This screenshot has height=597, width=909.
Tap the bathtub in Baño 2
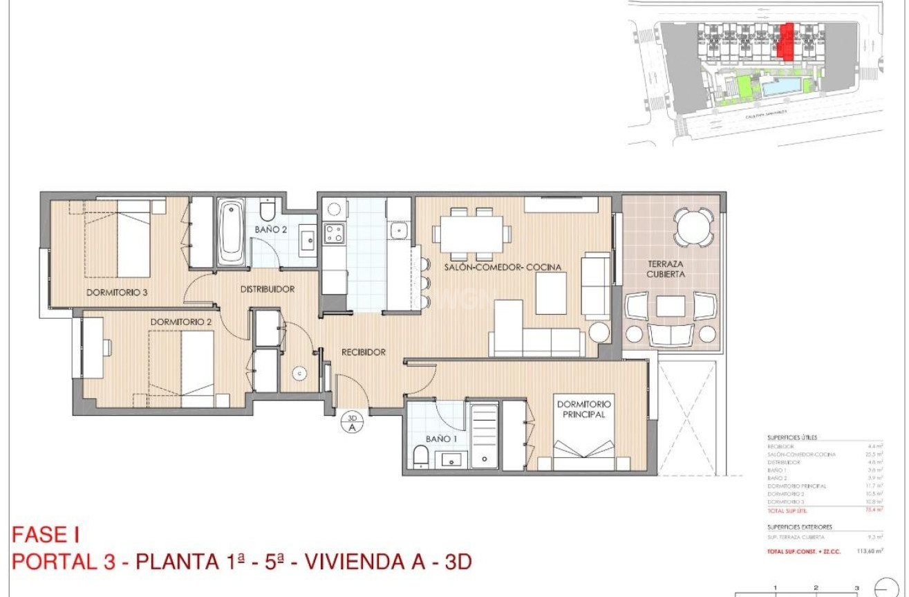click(x=232, y=232)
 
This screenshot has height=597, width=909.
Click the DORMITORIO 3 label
click(x=117, y=292)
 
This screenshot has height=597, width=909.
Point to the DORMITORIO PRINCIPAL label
click(x=583, y=409)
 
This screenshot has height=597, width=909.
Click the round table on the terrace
click(x=692, y=226)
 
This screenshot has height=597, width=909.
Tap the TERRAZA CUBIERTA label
click(x=666, y=269)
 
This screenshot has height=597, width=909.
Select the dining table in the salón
click(x=472, y=233)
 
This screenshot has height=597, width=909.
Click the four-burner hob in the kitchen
click(x=334, y=234)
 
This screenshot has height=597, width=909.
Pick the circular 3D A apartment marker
click(x=352, y=422)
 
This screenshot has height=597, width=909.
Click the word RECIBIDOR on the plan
click(x=363, y=352)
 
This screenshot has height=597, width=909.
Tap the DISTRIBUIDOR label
click(x=268, y=289)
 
